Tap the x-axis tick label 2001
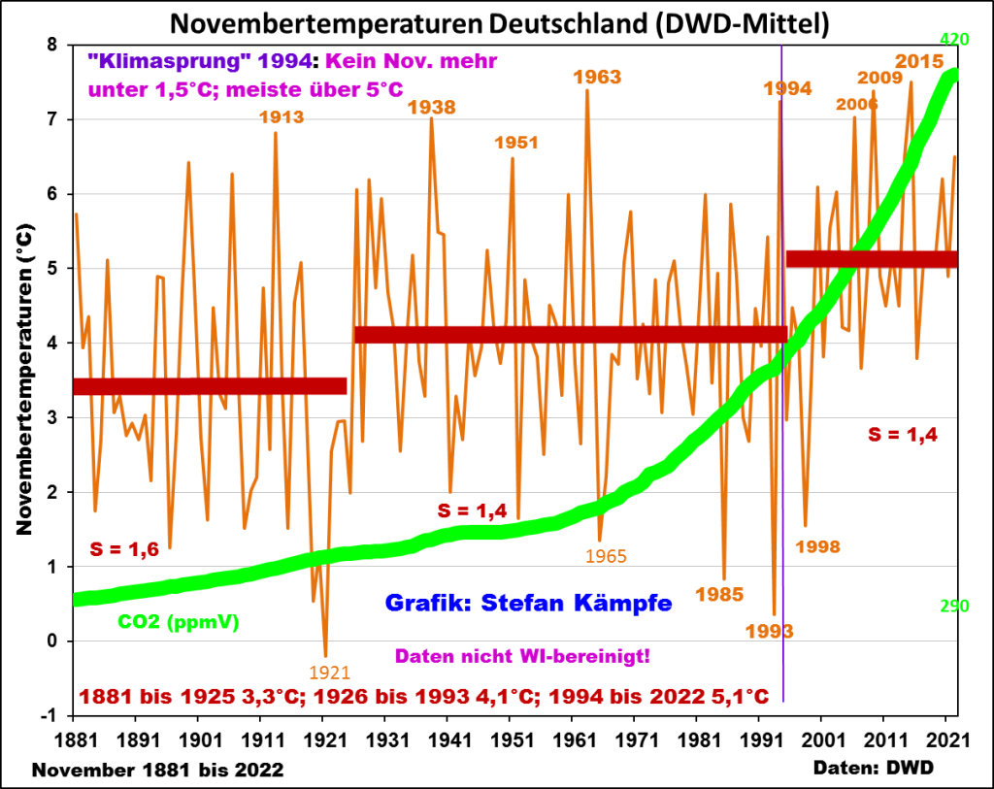coord(821,740)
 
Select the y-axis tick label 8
coord(51,45)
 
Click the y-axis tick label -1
coord(49,715)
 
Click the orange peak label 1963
coord(597,77)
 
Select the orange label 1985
coord(719,594)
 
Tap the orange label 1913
coord(282,117)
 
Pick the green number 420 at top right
coord(957,40)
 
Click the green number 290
coord(956,607)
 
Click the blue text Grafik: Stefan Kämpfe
coord(529,603)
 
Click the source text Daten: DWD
coord(875,767)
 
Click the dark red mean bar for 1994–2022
coord(871,259)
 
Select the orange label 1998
coord(817,546)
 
